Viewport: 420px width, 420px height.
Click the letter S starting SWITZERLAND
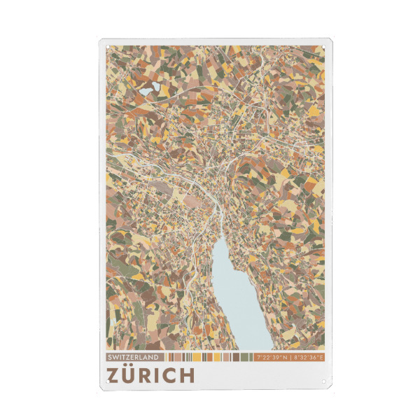111,358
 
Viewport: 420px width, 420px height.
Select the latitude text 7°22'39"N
274,358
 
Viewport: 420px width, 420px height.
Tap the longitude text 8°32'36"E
309,358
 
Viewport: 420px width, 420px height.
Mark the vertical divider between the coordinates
292,358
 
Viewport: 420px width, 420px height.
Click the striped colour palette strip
210,358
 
